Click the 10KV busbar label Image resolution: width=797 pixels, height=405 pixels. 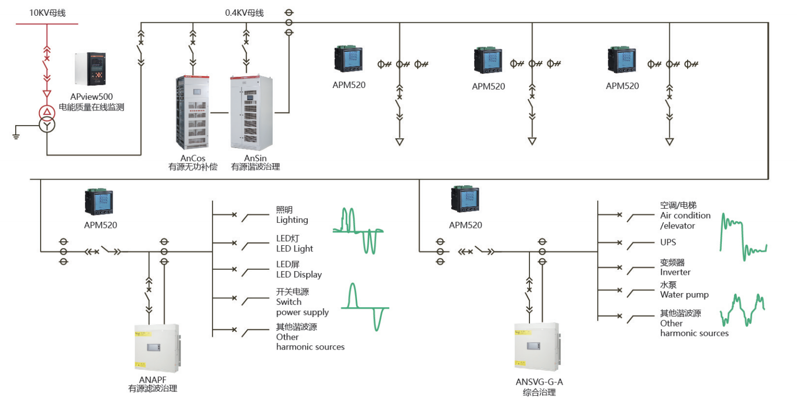click(x=47, y=13)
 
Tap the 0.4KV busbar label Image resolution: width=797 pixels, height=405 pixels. click(x=244, y=13)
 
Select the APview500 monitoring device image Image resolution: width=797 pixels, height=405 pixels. click(x=90, y=69)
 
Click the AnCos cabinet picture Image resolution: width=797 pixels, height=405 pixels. click(x=192, y=112)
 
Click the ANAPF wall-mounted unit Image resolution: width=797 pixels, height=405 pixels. click(x=157, y=349)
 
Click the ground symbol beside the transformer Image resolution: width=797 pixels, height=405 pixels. click(x=16, y=134)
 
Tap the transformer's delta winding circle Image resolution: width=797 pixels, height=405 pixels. click(x=47, y=112)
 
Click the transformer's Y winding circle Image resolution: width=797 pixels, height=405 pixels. click(x=47, y=125)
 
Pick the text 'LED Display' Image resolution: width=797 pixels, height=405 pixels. click(x=299, y=275)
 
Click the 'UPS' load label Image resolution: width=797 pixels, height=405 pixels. click(x=668, y=242)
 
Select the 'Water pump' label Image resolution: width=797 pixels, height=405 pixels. click(x=684, y=295)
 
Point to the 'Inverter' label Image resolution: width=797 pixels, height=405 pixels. click(x=675, y=272)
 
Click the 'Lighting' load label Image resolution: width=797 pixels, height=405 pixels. click(x=292, y=220)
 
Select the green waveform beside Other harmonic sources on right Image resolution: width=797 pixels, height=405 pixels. click(x=742, y=310)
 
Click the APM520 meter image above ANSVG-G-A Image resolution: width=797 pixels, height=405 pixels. click(x=465, y=199)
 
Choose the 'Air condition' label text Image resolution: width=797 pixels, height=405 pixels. click(x=685, y=215)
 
